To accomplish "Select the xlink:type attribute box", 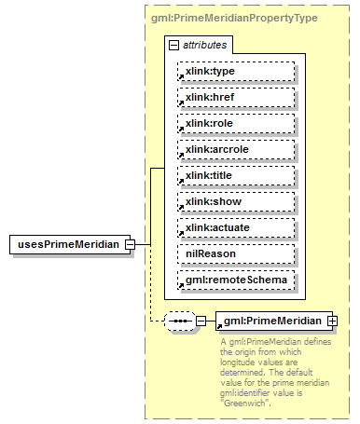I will pyautogui.click(x=236, y=70).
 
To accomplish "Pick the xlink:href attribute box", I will pyautogui.click(x=236, y=96).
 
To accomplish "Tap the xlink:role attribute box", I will pyautogui.click(x=236, y=122).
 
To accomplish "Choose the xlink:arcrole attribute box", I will pyautogui.click(x=236, y=148).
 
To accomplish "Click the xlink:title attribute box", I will pyautogui.click(x=236, y=174).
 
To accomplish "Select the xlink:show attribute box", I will pyautogui.click(x=236, y=200).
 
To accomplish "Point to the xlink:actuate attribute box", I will pyautogui.click(x=236, y=226).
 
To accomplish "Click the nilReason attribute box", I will pyautogui.click(x=236, y=253).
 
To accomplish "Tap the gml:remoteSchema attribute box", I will pyautogui.click(x=236, y=279).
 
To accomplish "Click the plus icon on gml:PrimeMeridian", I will pyautogui.click(x=331, y=321).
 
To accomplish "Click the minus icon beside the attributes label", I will pyautogui.click(x=174, y=44).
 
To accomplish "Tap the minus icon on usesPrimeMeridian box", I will pyautogui.click(x=131, y=244).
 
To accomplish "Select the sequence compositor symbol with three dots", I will pyautogui.click(x=179, y=321).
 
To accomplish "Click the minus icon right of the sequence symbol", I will pyautogui.click(x=201, y=321).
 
